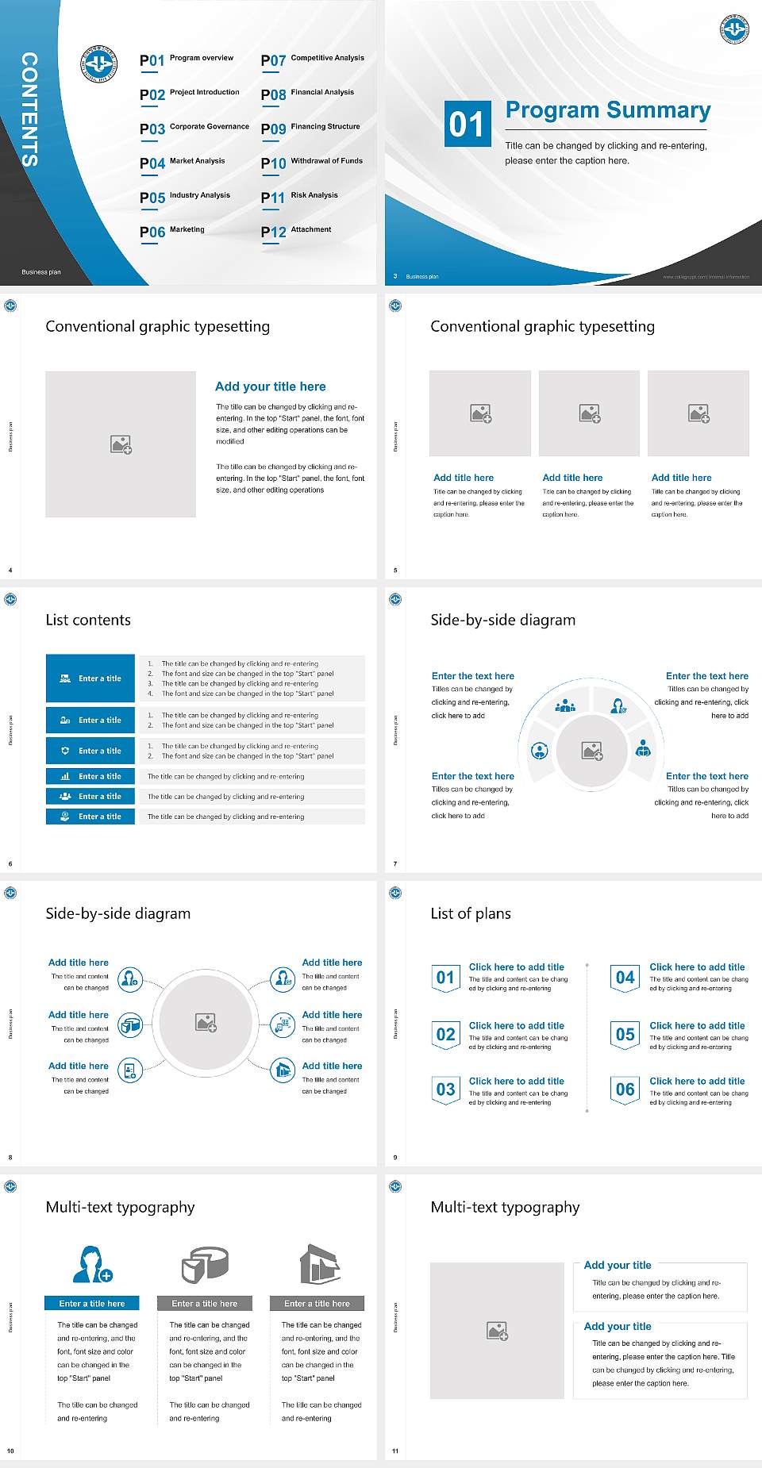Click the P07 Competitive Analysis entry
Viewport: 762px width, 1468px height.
[x=313, y=60]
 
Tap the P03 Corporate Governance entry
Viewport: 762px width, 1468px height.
[x=194, y=128]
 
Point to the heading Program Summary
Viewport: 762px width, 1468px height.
[x=607, y=110]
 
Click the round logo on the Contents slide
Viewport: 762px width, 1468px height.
[x=99, y=63]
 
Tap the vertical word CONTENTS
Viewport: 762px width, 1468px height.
[x=29, y=109]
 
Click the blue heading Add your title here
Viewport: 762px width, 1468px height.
[x=270, y=386]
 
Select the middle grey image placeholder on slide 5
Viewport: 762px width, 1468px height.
[x=589, y=413]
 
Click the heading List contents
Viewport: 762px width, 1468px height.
[x=88, y=620]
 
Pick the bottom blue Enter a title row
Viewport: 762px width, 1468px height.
[x=91, y=816]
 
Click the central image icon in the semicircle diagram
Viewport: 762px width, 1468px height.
[x=592, y=750]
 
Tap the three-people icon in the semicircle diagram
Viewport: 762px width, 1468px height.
[x=565, y=705]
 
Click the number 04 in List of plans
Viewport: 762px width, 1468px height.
[x=625, y=978]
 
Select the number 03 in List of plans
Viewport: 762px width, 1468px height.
[x=445, y=1089]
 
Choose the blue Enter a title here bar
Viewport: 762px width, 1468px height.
[x=91, y=1303]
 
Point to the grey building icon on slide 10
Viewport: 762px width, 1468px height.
[x=320, y=1263]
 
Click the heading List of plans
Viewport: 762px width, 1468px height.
[x=471, y=913]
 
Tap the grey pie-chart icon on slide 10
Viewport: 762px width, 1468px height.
[x=205, y=1264]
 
